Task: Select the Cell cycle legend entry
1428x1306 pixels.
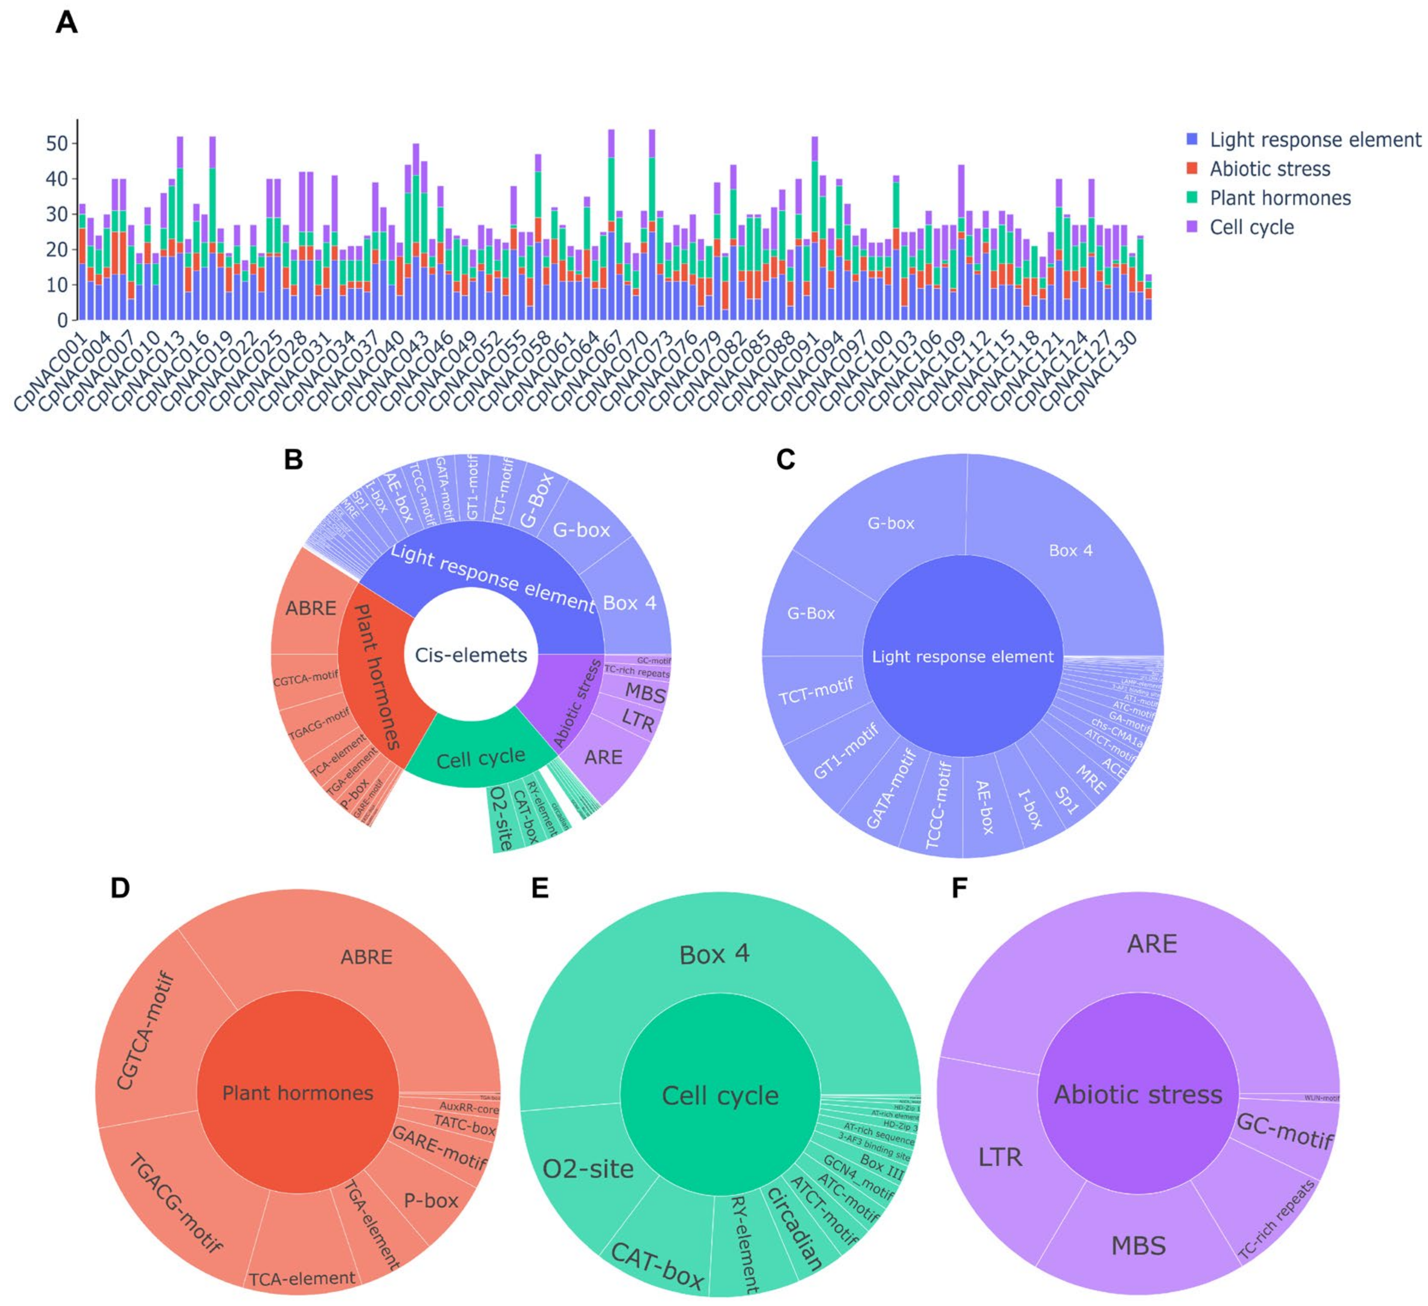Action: click(x=1251, y=227)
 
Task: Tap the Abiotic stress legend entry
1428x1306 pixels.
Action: click(x=1269, y=169)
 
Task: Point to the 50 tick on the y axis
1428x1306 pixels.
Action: click(x=57, y=144)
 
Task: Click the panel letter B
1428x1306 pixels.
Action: click(x=293, y=460)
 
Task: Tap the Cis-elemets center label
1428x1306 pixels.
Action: click(x=471, y=655)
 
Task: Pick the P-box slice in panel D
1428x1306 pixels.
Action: click(x=431, y=1200)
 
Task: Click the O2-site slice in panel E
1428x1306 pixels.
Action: click(x=588, y=1169)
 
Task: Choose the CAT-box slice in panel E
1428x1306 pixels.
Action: click(x=657, y=1264)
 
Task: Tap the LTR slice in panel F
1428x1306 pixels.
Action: click(x=1000, y=1157)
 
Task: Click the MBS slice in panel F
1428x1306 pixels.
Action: click(x=1138, y=1246)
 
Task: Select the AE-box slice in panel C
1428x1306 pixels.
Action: click(x=985, y=807)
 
